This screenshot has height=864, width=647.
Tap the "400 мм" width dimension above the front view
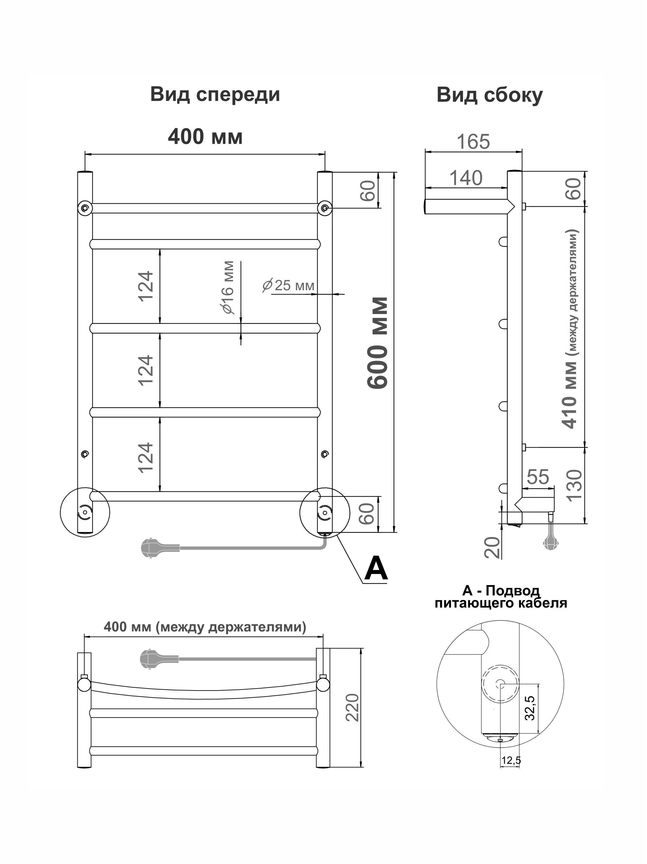[x=205, y=137]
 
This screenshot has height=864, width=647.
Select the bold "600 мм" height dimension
[x=378, y=343]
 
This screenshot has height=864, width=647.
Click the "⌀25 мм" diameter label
[x=288, y=285]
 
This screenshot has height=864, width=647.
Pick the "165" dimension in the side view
[x=473, y=141]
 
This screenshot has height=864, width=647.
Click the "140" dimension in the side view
[x=466, y=178]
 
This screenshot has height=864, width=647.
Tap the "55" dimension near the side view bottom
[x=538, y=477]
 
